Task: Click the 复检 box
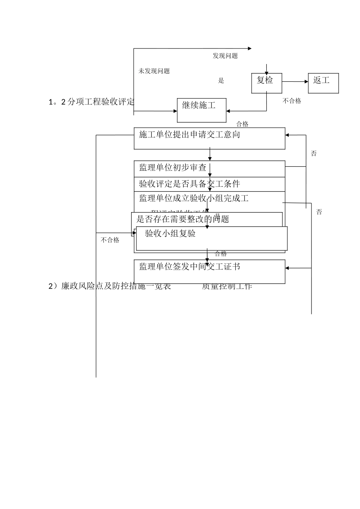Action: coord(267,83)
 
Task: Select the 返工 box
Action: coord(323,83)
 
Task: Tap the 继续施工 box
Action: coord(202,110)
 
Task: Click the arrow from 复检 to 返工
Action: coord(295,81)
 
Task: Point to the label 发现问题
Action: coord(225,56)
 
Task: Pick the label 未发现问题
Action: coord(154,71)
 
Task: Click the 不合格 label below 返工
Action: coord(292,101)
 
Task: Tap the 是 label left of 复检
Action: coord(221,81)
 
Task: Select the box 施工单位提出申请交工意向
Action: coord(209,138)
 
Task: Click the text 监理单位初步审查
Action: coord(172,168)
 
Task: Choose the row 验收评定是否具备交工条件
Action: coord(189,184)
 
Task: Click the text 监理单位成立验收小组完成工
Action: coord(194,198)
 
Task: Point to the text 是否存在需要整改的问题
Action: coord(183,219)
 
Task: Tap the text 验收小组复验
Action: coord(170,234)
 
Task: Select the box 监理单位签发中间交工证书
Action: coord(209,271)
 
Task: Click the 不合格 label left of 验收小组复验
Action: coord(110,240)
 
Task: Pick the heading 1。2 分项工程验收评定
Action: coord(91,102)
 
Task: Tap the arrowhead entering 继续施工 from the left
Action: coord(175,111)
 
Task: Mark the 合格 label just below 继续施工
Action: coord(242,124)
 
